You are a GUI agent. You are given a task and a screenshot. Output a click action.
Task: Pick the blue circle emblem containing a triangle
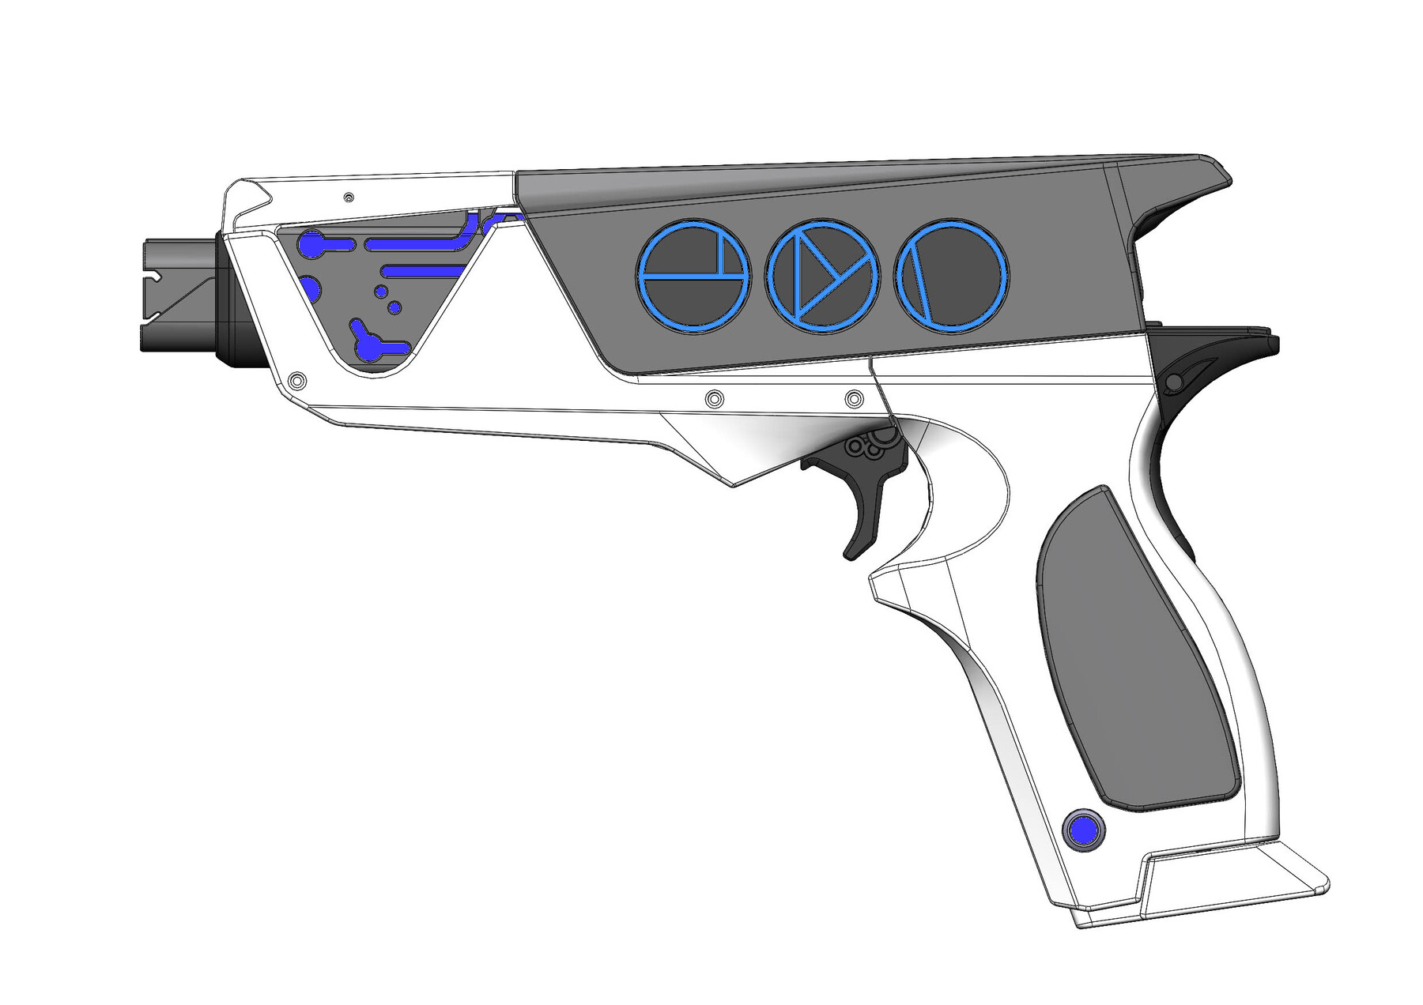(x=822, y=274)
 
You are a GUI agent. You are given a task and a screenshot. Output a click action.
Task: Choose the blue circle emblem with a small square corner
(x=693, y=274)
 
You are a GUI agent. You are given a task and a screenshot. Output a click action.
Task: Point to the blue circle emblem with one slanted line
(x=952, y=274)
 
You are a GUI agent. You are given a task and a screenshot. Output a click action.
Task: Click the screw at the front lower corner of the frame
(x=297, y=381)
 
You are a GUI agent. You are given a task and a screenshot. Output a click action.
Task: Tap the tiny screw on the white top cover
(x=349, y=197)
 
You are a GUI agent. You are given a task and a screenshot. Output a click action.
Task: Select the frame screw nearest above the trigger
(x=854, y=399)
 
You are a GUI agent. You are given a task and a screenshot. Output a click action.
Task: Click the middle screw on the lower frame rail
(x=714, y=398)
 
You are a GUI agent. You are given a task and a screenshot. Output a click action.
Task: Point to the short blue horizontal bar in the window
(x=419, y=272)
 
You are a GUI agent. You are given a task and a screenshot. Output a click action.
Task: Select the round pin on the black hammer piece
(x=1174, y=383)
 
